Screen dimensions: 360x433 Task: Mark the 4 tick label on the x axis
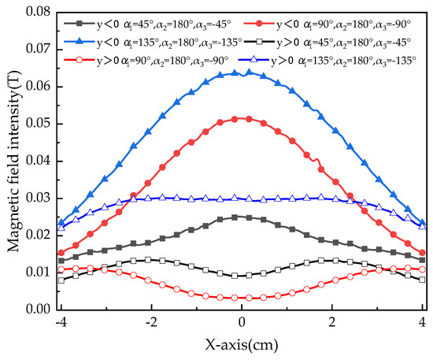[424, 322]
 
